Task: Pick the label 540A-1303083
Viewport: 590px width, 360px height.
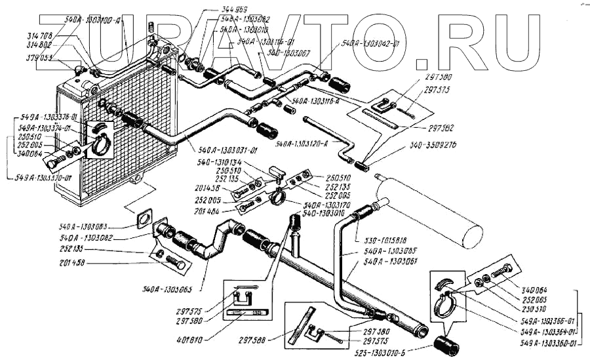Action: point(85,226)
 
